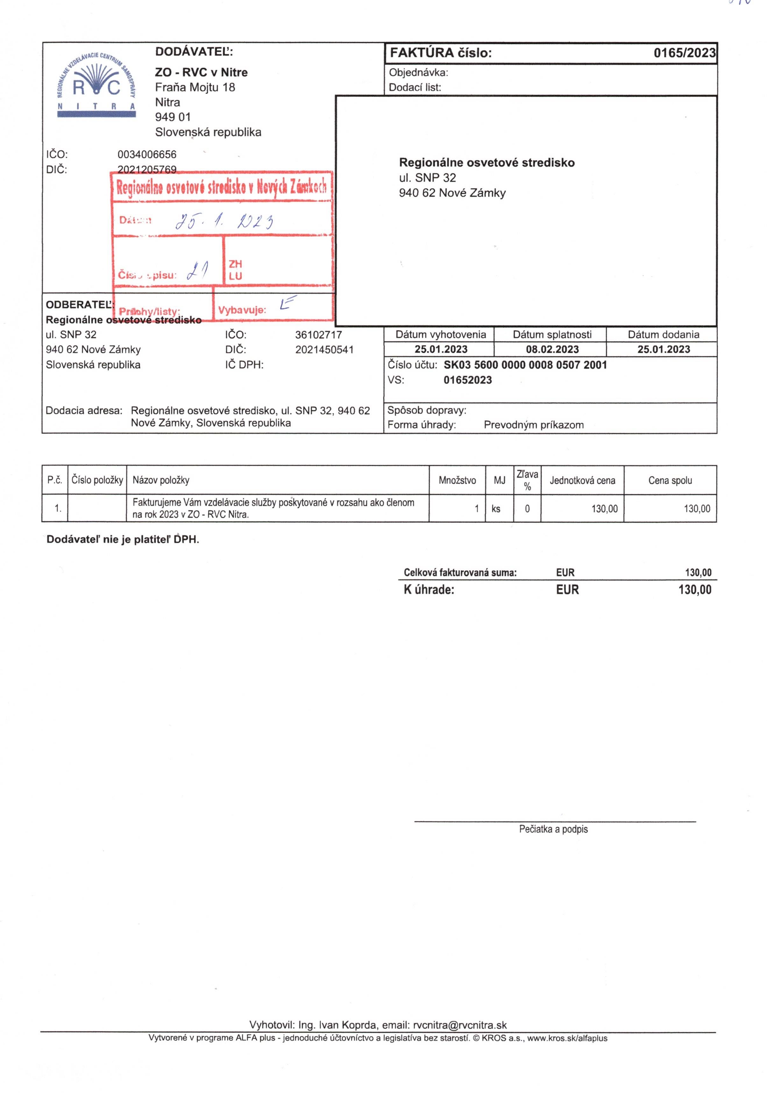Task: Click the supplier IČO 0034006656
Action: tap(147, 155)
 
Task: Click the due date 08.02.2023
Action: tap(552, 349)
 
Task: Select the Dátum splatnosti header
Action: tap(552, 334)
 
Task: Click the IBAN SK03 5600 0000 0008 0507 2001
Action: tap(525, 365)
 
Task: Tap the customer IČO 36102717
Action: tap(318, 335)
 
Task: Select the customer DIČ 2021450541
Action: tap(324, 349)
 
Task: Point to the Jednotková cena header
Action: tap(582, 480)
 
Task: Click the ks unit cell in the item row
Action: tap(496, 509)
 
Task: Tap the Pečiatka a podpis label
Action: tap(553, 829)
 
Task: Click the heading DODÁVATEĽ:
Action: tap(194, 52)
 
